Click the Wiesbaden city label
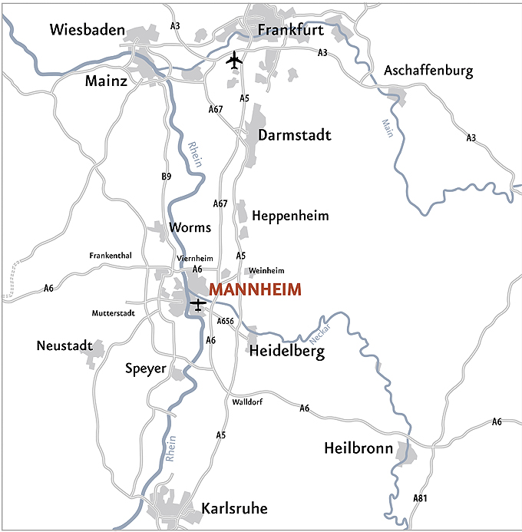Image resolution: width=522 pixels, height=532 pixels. click(87, 30)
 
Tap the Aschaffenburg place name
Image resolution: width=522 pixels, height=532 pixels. click(428, 71)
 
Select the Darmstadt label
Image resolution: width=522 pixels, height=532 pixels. click(295, 136)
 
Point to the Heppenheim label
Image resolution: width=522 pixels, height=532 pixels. click(290, 216)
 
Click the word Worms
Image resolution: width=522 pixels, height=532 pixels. click(190, 228)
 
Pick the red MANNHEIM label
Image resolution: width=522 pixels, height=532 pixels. click(255, 290)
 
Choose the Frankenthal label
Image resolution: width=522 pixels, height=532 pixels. click(111, 256)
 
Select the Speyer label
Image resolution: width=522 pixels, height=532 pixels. click(146, 368)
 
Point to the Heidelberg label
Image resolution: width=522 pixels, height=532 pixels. click(287, 352)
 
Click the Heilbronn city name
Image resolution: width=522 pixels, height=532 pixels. click(358, 448)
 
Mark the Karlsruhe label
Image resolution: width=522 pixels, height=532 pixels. click(235, 509)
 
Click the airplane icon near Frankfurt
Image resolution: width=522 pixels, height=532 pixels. click(234, 60)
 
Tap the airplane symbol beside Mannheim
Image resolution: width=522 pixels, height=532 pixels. click(198, 304)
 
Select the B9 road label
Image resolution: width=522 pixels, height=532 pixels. click(167, 177)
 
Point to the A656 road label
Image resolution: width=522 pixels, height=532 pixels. click(225, 321)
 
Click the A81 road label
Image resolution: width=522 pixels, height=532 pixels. click(420, 498)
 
